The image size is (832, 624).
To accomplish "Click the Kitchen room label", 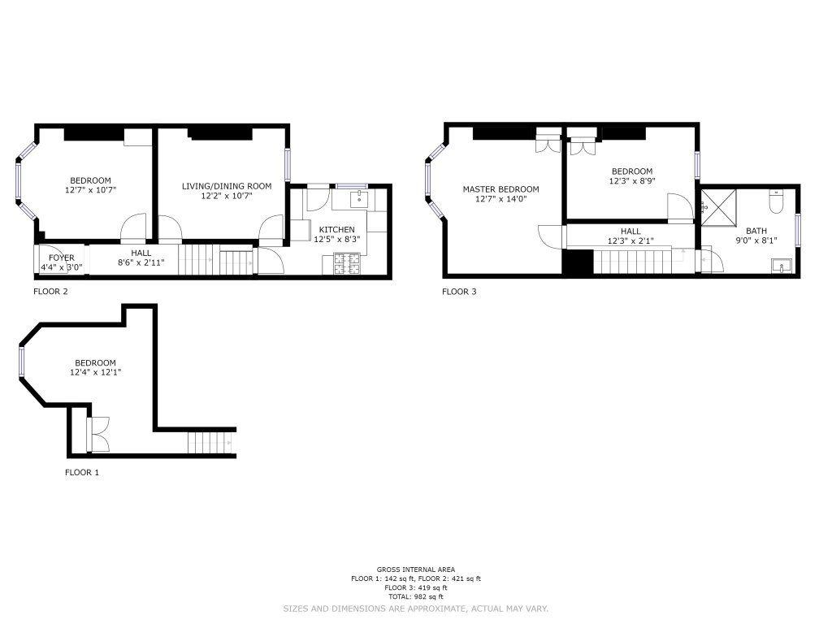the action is [x=337, y=230].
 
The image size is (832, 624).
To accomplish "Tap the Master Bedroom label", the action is [x=500, y=189].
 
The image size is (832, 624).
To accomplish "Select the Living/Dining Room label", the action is [x=227, y=186].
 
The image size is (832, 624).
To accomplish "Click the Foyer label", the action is [x=62, y=258].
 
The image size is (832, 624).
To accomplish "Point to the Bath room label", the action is [x=756, y=231].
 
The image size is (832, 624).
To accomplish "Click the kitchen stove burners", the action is [x=346, y=264].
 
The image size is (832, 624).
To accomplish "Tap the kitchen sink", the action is [x=360, y=199].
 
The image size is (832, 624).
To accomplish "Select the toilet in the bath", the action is [x=776, y=201].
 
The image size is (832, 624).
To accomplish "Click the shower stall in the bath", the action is [x=718, y=207].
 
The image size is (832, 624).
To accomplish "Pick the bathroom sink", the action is [x=781, y=265].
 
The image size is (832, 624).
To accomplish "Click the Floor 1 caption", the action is [x=82, y=472].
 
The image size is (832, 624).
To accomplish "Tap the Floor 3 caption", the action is [x=460, y=292].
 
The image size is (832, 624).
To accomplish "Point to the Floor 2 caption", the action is [x=50, y=292].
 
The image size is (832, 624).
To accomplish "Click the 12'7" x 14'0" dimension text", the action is [x=500, y=199].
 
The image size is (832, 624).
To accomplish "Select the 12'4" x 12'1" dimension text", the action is [x=96, y=372].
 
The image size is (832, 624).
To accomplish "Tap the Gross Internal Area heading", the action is [x=416, y=570].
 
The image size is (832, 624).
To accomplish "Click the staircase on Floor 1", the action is [x=211, y=443].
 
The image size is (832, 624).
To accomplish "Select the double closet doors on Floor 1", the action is [x=98, y=435].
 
